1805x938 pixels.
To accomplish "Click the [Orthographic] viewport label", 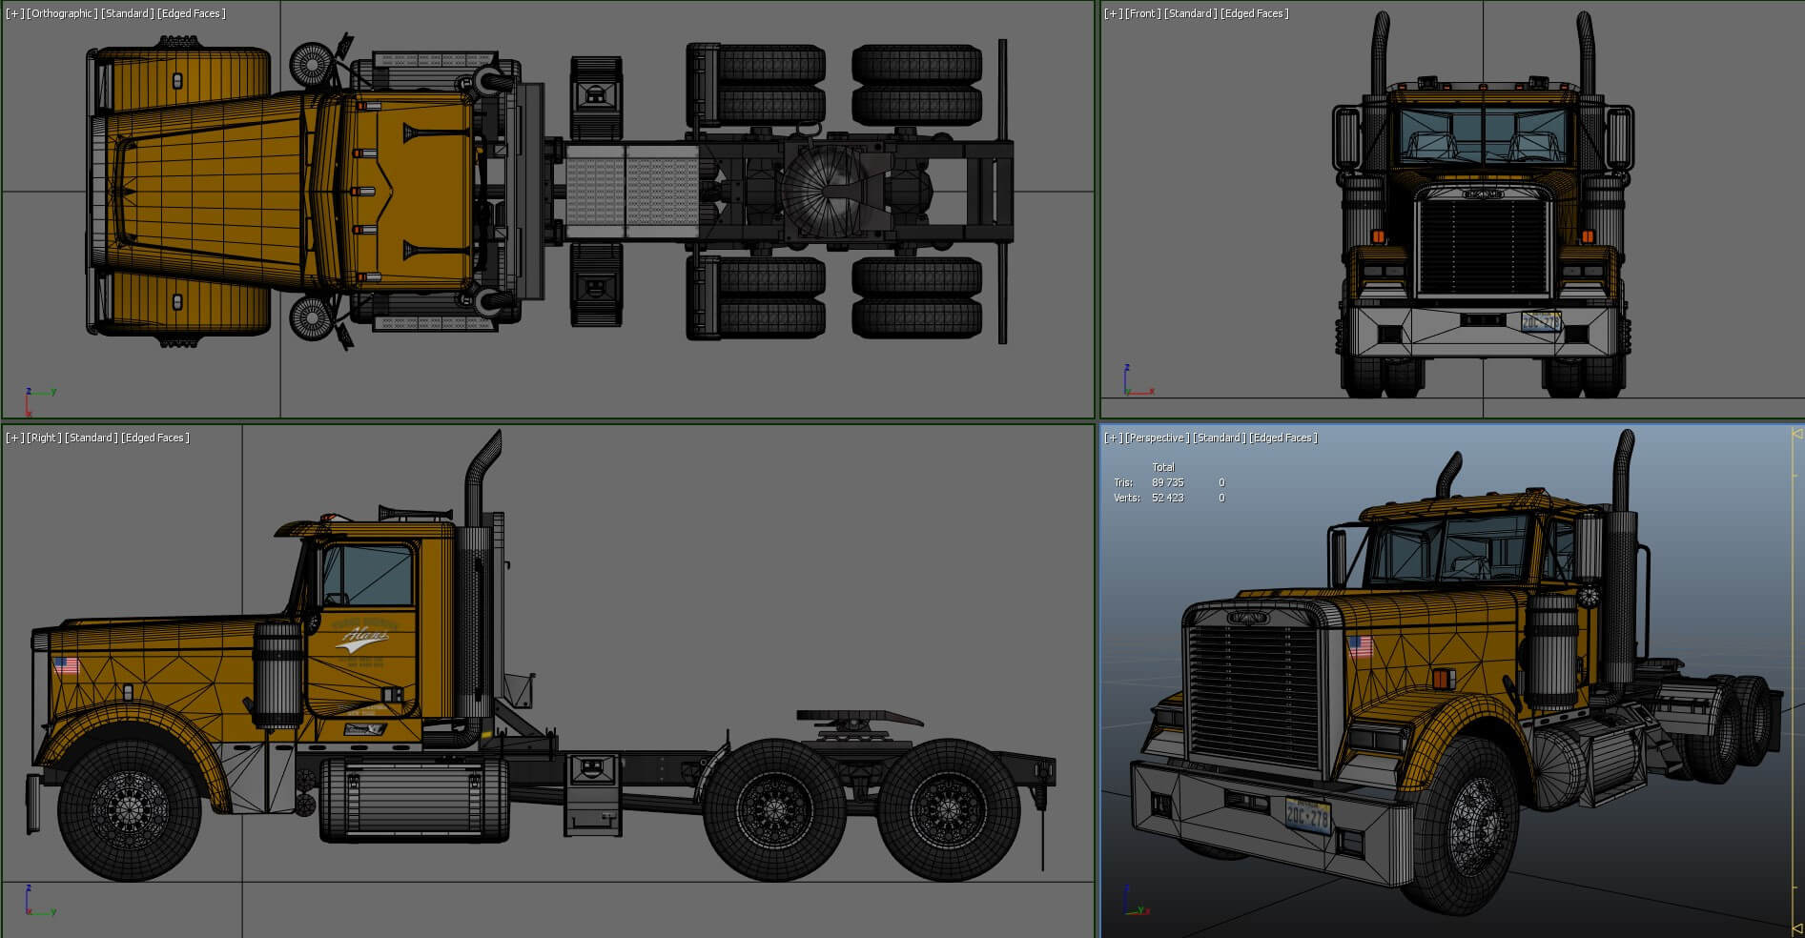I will click(x=63, y=13).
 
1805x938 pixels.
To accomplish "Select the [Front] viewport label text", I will click(x=1142, y=13).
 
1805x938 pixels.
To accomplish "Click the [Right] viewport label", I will click(x=43, y=438).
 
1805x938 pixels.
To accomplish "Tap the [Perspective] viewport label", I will click(x=1157, y=438).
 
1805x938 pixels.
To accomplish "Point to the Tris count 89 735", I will click(x=1167, y=482).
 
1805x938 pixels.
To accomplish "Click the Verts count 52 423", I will click(x=1167, y=498).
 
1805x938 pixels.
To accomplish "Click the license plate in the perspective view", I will click(x=1307, y=815).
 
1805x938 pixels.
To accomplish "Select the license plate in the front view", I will click(x=1541, y=321).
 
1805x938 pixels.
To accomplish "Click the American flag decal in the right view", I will click(x=65, y=664).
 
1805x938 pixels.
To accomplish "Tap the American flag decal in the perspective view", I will click(x=1360, y=647).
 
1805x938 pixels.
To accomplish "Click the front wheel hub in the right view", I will click(x=129, y=809).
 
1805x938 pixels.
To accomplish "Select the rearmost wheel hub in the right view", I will click(x=948, y=809).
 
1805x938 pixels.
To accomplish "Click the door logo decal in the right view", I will click(x=362, y=639).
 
